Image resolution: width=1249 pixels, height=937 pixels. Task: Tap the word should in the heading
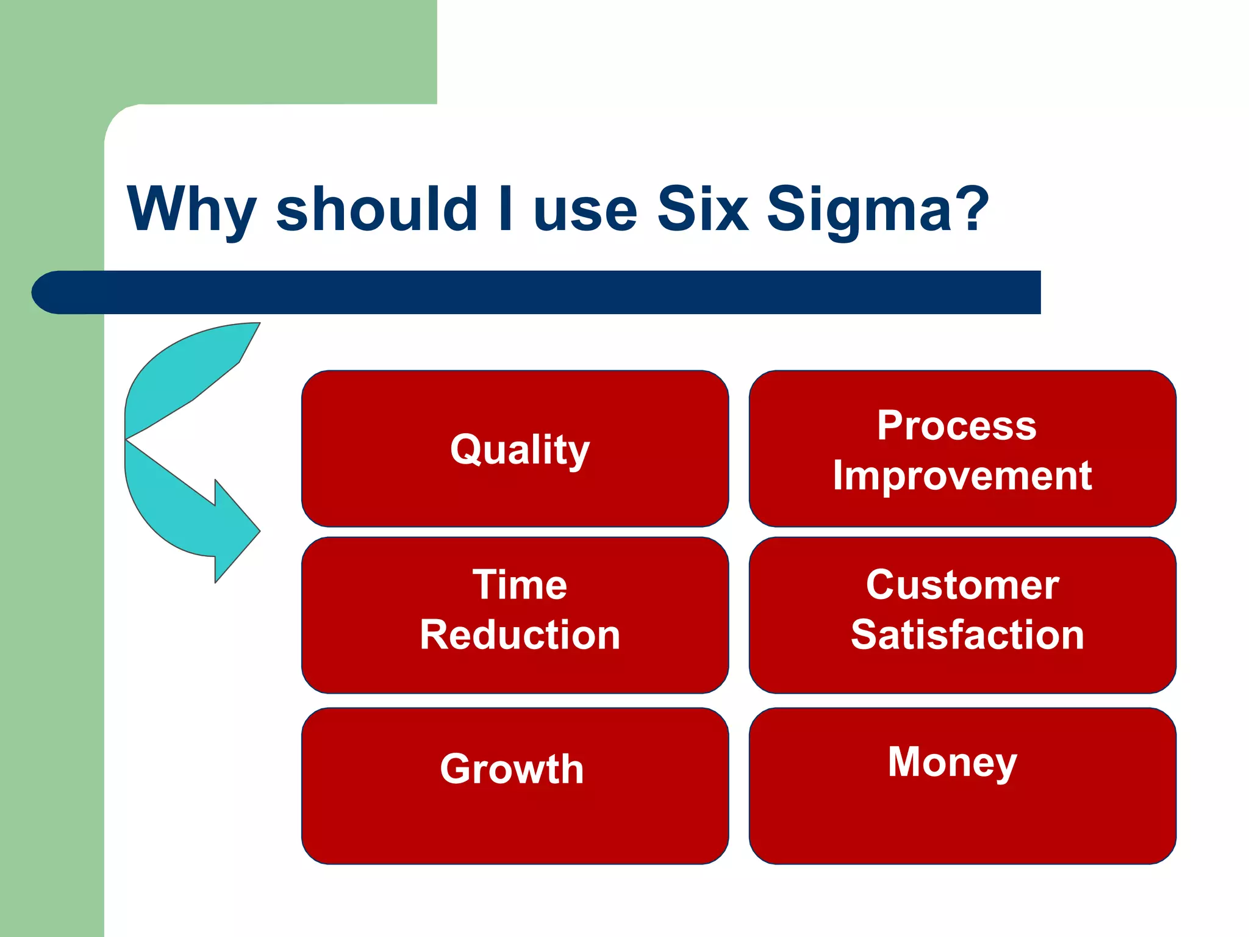(x=376, y=209)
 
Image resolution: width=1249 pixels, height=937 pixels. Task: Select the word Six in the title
(x=703, y=209)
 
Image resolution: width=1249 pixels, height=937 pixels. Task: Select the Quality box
(x=515, y=449)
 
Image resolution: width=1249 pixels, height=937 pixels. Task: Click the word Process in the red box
(x=956, y=425)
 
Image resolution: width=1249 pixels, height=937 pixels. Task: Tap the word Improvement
(x=962, y=475)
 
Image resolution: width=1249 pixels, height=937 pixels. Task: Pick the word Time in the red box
(x=520, y=585)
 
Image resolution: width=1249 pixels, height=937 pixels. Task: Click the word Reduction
(x=520, y=635)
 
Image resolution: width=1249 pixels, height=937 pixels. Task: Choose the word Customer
(x=962, y=585)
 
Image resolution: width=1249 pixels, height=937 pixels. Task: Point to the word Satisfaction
(x=967, y=635)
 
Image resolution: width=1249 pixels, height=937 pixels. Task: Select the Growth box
(x=515, y=786)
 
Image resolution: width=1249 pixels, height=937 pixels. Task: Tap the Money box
(x=962, y=786)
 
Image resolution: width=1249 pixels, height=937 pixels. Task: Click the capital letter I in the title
(x=505, y=209)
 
